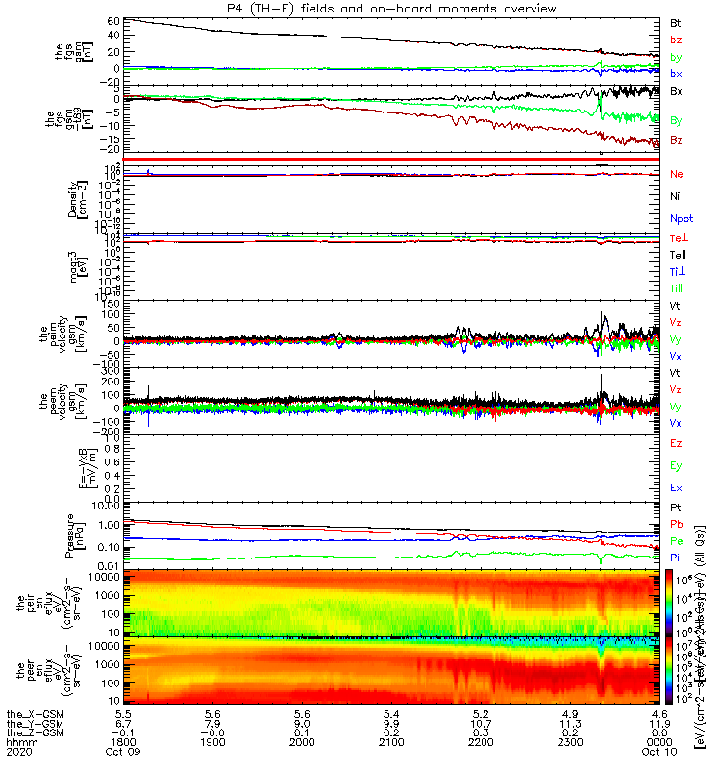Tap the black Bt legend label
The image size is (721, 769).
point(675,23)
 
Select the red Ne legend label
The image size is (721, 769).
point(676,174)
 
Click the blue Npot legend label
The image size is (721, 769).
point(682,218)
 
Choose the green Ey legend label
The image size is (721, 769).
point(676,466)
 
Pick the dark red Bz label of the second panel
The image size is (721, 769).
point(676,140)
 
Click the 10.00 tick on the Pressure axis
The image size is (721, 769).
point(104,504)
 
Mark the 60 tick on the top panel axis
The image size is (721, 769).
point(113,21)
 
